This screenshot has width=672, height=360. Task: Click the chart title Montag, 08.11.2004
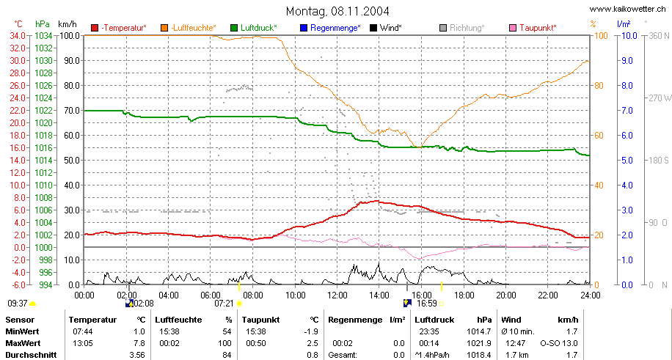[x=337, y=10]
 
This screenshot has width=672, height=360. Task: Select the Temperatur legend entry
[x=119, y=28]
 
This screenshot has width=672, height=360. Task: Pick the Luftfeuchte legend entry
[x=189, y=28]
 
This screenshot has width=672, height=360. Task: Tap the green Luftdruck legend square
[x=234, y=29]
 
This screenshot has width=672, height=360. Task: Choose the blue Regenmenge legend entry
[x=330, y=28]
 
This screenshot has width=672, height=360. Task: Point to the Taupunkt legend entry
[x=533, y=28]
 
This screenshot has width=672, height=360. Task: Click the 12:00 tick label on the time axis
[x=337, y=295]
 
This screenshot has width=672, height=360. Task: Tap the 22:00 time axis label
[x=548, y=295]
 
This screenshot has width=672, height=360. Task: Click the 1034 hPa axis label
[x=44, y=36]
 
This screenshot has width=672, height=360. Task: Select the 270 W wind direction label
[x=660, y=98]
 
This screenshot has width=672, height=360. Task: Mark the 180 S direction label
[x=659, y=161]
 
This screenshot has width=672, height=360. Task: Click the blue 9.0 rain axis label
[x=627, y=60]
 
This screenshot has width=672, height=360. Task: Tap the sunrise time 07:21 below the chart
[x=224, y=304]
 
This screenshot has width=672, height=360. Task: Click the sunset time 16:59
[x=426, y=304]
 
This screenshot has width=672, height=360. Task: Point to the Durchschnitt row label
[x=28, y=356]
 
